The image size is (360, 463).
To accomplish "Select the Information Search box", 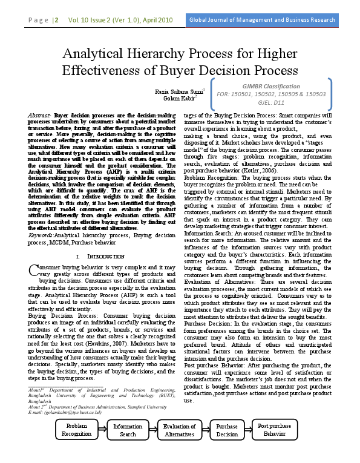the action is coord(128,430).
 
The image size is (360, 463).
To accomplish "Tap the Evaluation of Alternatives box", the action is coord(179,430).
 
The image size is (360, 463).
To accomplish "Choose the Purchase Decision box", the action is coord(227,430).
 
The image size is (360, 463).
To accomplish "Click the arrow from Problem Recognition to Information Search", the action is coord(102,430).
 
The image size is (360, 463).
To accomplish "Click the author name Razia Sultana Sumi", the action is coord(178,91).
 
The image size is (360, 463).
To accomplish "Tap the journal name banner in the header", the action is coord(262,20).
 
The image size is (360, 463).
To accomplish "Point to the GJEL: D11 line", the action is coord(271,103).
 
